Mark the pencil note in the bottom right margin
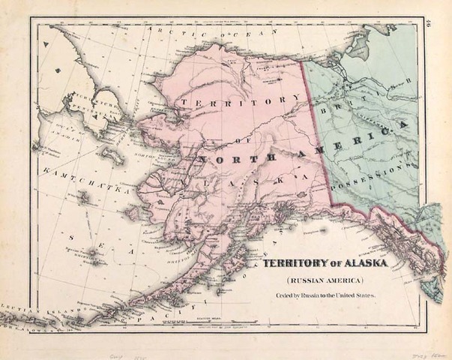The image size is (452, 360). click(x=425, y=349)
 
